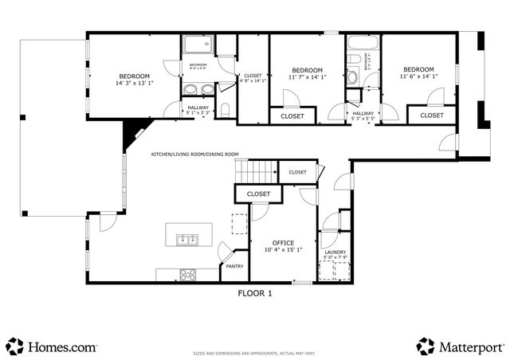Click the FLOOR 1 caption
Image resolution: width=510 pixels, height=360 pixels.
coord(255,293)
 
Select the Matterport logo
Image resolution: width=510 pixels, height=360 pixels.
coord(461,346)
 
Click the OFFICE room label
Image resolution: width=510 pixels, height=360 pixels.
coord(283,242)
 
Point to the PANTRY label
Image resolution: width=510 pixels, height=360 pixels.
coord(233,267)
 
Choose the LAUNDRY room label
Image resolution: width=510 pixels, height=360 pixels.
coord(335,252)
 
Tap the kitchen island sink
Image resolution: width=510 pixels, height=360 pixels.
coord(188,237)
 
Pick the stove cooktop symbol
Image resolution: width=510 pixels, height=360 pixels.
coord(187,274)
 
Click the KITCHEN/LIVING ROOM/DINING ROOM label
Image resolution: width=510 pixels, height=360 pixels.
coord(195,155)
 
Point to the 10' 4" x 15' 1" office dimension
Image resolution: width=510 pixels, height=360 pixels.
coord(283,249)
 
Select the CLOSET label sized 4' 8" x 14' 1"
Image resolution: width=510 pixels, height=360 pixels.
coord(253,76)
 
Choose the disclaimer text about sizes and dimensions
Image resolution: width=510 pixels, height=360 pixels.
coord(255,351)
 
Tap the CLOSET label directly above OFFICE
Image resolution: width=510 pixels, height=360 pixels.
coord(258,194)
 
